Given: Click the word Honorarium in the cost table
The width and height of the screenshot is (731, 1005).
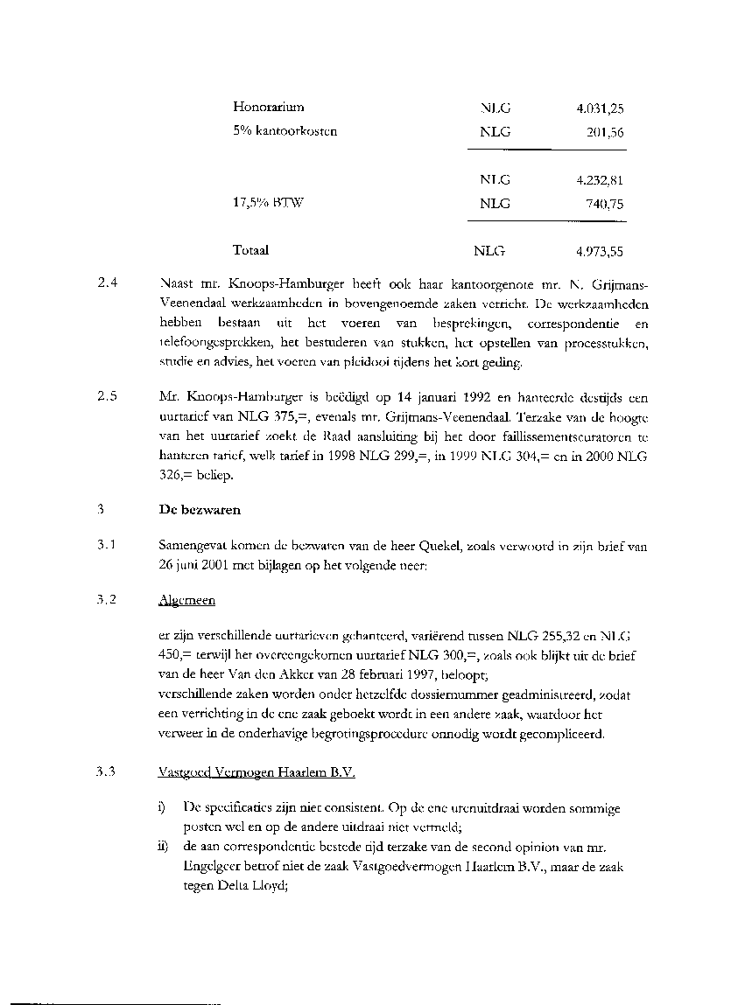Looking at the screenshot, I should [268, 108].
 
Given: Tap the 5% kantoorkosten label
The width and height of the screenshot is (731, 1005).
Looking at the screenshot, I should [285, 132].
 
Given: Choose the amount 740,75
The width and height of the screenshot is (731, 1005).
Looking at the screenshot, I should [605, 204].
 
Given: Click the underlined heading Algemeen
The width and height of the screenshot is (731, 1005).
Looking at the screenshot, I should [186, 601].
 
